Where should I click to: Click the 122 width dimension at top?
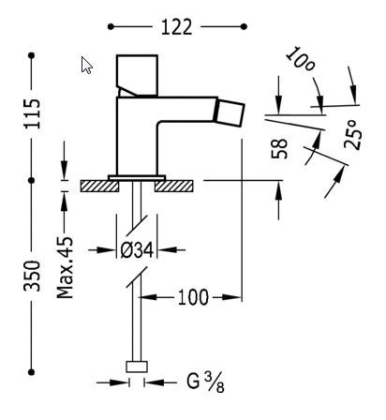(x=177, y=27)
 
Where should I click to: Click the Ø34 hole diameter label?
(x=138, y=249)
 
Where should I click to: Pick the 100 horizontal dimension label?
(x=192, y=297)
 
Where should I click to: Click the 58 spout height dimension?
(x=279, y=149)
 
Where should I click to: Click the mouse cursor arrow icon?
(x=86, y=65)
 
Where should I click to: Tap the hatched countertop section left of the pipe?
(x=100, y=186)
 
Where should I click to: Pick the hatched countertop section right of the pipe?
(x=173, y=186)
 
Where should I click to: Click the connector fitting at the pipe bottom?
(x=139, y=367)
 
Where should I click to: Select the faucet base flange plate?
(x=137, y=176)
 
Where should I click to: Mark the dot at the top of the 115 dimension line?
(x=32, y=55)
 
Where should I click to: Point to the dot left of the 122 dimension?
(x=111, y=27)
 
